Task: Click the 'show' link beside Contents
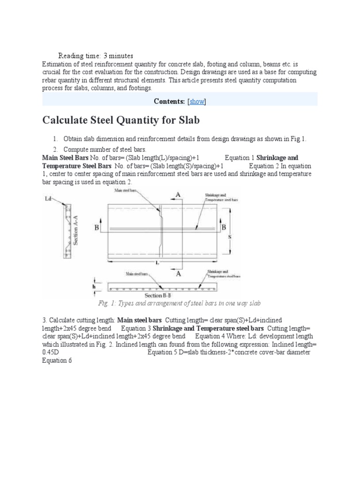pyautogui.click(x=197, y=101)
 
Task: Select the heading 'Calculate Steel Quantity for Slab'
pyautogui.click(x=121, y=120)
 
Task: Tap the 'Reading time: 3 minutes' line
pyautogui.click(x=96, y=56)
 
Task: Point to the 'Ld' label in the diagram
pyautogui.click(x=48, y=199)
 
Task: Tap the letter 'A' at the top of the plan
pyautogui.click(x=179, y=194)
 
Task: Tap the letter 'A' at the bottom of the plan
pyautogui.click(x=179, y=274)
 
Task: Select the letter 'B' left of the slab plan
pyautogui.click(x=97, y=227)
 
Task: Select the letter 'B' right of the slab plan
pyautogui.click(x=224, y=227)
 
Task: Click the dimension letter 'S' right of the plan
pyautogui.click(x=230, y=237)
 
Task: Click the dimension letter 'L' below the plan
pyautogui.click(x=157, y=263)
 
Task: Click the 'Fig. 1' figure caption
pyautogui.click(x=180, y=303)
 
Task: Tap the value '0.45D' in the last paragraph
pyautogui.click(x=52, y=352)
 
